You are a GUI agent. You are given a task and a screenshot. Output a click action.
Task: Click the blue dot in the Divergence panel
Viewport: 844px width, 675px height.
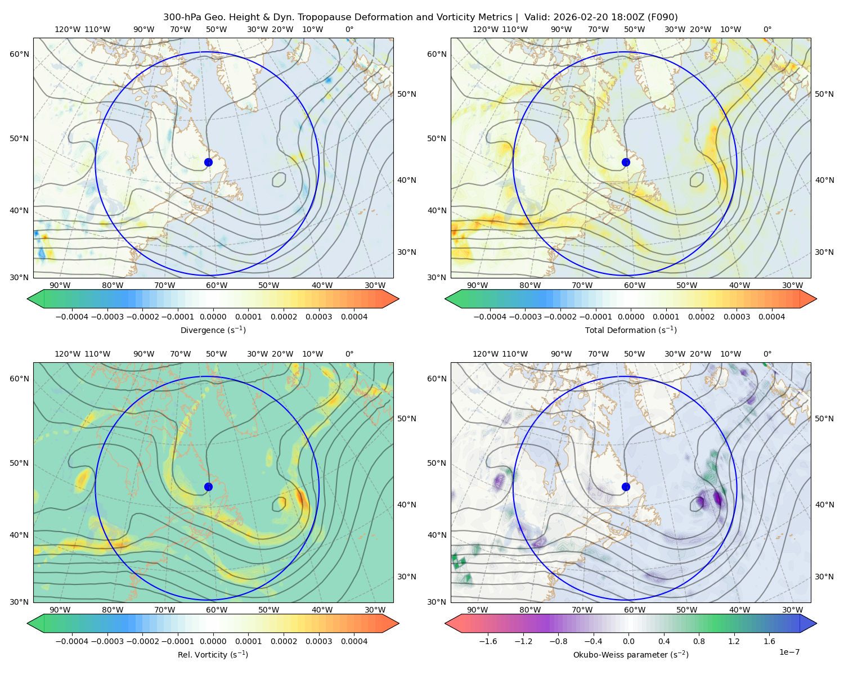[x=208, y=162]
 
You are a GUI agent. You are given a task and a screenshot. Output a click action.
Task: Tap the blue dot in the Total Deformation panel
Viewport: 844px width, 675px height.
[x=626, y=162]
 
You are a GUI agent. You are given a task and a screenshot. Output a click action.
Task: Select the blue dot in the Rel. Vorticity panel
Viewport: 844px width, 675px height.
[x=208, y=487]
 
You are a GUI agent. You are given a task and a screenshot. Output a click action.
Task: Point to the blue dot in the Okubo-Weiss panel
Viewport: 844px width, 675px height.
[x=626, y=487]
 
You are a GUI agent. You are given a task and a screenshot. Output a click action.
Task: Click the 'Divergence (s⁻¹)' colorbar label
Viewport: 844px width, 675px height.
[x=213, y=330]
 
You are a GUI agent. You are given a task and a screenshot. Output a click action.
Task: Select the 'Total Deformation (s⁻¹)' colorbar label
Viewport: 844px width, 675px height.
[x=631, y=330]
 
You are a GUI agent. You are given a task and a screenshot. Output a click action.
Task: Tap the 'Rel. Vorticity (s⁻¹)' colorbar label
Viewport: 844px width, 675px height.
[x=213, y=654]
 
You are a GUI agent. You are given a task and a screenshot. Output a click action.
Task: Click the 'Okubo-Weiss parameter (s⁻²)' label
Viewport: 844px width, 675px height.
[x=631, y=654]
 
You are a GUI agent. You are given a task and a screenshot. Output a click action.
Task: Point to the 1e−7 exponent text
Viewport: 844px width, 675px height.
[x=789, y=652]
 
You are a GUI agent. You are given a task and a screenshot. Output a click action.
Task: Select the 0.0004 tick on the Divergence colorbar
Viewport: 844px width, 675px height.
[x=354, y=317]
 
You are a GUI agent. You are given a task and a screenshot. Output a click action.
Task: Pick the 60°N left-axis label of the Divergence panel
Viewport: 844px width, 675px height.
[x=19, y=54]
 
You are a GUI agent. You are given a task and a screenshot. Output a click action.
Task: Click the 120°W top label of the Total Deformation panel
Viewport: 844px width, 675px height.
[x=486, y=29]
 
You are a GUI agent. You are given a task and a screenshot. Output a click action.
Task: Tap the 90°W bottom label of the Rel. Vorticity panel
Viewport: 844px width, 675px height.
[x=60, y=610]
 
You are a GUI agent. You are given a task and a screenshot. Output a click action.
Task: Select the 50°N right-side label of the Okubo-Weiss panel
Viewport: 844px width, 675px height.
[x=824, y=418]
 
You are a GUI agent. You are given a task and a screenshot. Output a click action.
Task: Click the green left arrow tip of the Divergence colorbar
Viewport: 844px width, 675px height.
[x=28, y=299]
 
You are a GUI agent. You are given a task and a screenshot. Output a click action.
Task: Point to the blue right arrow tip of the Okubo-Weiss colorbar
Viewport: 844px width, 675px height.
[x=816, y=623]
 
